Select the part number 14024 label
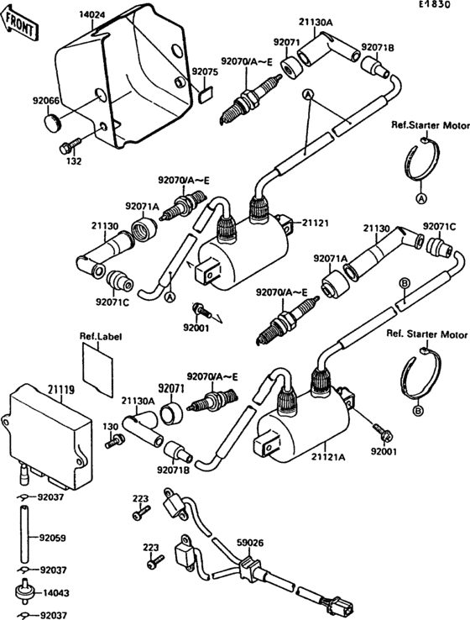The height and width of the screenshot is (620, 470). (x=93, y=14)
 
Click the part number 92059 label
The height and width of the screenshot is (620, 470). (x=52, y=533)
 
